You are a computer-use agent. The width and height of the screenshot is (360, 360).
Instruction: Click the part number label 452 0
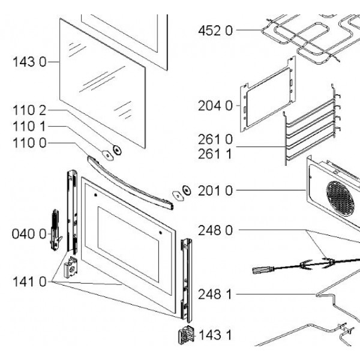(x=215, y=31)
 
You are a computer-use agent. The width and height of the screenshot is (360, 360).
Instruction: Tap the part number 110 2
(x=30, y=110)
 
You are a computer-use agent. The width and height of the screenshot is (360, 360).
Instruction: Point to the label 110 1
(x=30, y=127)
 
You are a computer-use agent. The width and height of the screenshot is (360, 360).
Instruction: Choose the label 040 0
(x=29, y=234)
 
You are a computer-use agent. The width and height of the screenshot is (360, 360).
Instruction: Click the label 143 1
(x=216, y=335)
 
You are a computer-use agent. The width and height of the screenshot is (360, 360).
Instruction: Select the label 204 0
(x=215, y=106)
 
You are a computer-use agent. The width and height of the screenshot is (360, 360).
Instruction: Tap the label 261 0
(x=215, y=139)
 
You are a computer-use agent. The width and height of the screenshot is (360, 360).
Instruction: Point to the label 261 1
(x=215, y=154)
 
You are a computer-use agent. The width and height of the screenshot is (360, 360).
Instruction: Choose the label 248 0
(x=215, y=229)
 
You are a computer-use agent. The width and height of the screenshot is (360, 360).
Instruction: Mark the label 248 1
(x=215, y=294)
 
